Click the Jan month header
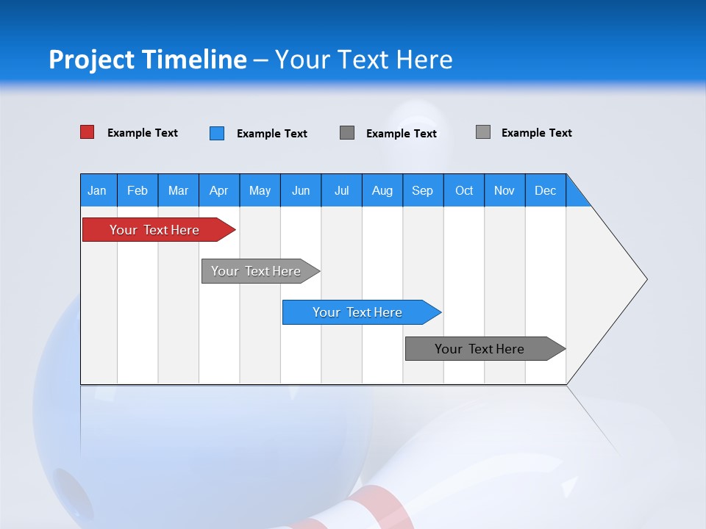(98, 190)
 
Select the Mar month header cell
(178, 190)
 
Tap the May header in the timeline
(260, 190)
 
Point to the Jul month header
(341, 190)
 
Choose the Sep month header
(422, 190)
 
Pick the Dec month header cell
(545, 190)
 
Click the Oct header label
(464, 190)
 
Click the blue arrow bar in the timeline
(358, 312)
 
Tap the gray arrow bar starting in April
(257, 271)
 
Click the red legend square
(88, 132)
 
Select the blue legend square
(217, 133)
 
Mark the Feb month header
(138, 190)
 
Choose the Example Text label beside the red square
(143, 133)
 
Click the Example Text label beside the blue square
(272, 134)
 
